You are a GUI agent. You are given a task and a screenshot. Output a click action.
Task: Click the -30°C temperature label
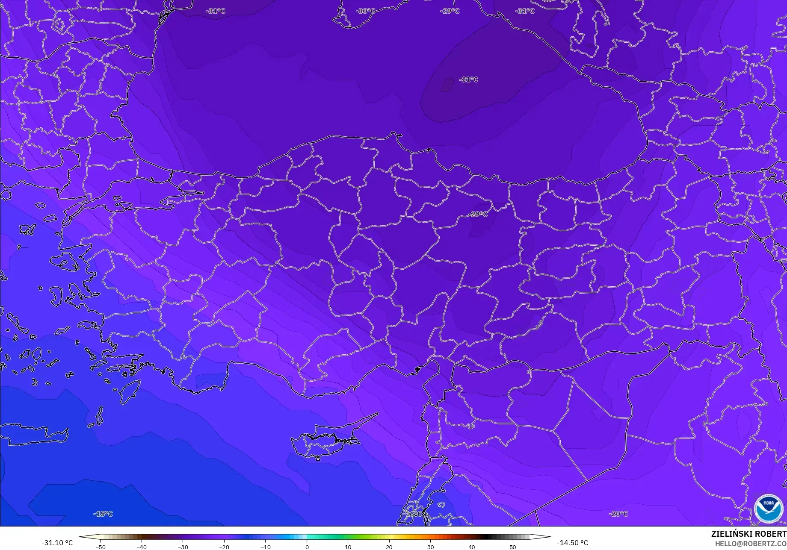click(365, 11)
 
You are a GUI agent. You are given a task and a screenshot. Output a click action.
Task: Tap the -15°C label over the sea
click(103, 514)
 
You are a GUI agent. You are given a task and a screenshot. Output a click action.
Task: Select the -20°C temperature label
click(618, 514)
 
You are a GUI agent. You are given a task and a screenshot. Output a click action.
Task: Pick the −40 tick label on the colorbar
click(142, 547)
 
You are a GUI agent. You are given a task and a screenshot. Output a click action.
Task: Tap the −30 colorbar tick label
click(183, 547)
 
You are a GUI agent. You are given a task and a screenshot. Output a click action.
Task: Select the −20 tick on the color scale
click(224, 547)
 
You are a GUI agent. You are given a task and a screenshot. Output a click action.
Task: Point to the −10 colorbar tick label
click(265, 547)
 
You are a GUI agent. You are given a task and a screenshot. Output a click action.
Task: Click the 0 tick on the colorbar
click(307, 547)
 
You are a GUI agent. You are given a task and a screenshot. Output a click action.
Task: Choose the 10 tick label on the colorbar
click(348, 547)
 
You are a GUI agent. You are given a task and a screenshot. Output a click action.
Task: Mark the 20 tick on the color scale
click(389, 547)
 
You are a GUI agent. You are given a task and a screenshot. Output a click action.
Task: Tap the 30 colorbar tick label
click(430, 547)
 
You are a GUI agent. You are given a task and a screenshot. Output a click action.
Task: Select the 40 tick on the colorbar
click(471, 547)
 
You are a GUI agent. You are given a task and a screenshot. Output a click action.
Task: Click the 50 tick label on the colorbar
click(512, 547)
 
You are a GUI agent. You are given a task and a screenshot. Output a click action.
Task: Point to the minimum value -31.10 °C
click(57, 543)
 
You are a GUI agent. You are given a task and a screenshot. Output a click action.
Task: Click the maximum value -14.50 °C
click(572, 543)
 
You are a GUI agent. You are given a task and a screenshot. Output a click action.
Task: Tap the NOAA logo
click(769, 509)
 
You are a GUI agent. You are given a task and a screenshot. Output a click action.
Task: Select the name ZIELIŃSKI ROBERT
click(749, 534)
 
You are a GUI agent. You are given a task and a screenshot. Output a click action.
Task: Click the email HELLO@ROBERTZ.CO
click(751, 544)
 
